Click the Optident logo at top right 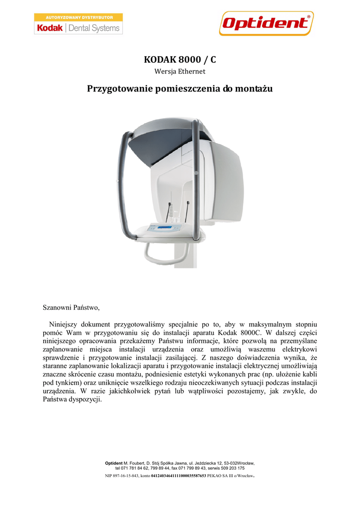[x=266, y=23]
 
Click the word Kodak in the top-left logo [x=50, y=28]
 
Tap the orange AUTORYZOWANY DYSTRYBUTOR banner [x=78, y=17]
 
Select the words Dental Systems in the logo [x=94, y=28]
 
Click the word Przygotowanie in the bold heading [x=117, y=89]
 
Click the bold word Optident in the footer [x=114, y=463]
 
